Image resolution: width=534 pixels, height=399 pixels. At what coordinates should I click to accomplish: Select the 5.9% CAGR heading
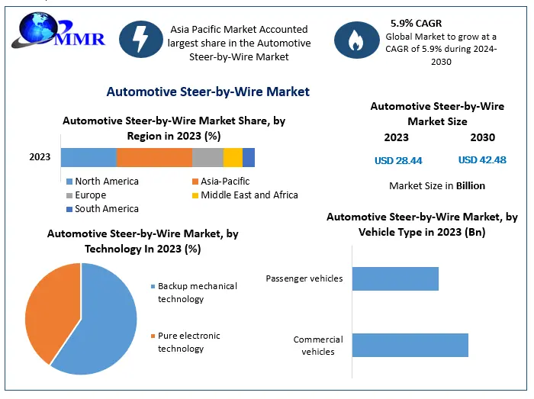(x=416, y=24)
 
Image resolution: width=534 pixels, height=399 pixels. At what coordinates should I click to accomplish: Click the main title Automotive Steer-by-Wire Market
(x=207, y=92)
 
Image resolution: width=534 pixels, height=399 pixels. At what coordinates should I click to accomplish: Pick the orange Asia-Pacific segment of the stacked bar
(x=154, y=157)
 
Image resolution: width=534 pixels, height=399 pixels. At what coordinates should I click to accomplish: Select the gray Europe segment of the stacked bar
(x=207, y=157)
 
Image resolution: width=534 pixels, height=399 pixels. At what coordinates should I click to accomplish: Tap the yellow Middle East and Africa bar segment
(x=233, y=157)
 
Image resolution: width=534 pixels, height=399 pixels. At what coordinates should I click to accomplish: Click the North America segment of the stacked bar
(x=88, y=157)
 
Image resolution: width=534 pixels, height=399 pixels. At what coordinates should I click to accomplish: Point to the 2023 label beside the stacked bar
(x=40, y=157)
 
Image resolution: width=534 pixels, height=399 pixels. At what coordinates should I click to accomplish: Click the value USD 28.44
(x=398, y=160)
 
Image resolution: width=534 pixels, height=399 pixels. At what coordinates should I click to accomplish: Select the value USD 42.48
(x=482, y=160)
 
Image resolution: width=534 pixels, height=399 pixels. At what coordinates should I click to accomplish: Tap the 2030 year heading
(x=482, y=138)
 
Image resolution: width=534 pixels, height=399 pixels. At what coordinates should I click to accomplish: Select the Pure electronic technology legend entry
(x=188, y=342)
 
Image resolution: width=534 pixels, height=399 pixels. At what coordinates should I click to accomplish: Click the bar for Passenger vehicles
(x=395, y=278)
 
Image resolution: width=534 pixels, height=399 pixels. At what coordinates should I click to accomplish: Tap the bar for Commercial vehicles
(x=410, y=345)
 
